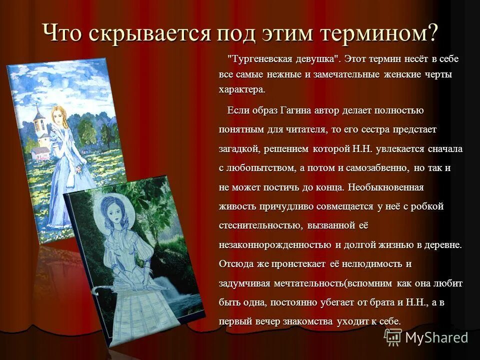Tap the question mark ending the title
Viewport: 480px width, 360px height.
click(433, 33)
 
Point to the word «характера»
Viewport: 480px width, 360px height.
click(241, 90)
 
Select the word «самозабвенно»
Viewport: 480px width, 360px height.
click(373, 168)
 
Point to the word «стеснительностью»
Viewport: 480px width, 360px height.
click(259, 225)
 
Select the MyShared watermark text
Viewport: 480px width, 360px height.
click(436, 337)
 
